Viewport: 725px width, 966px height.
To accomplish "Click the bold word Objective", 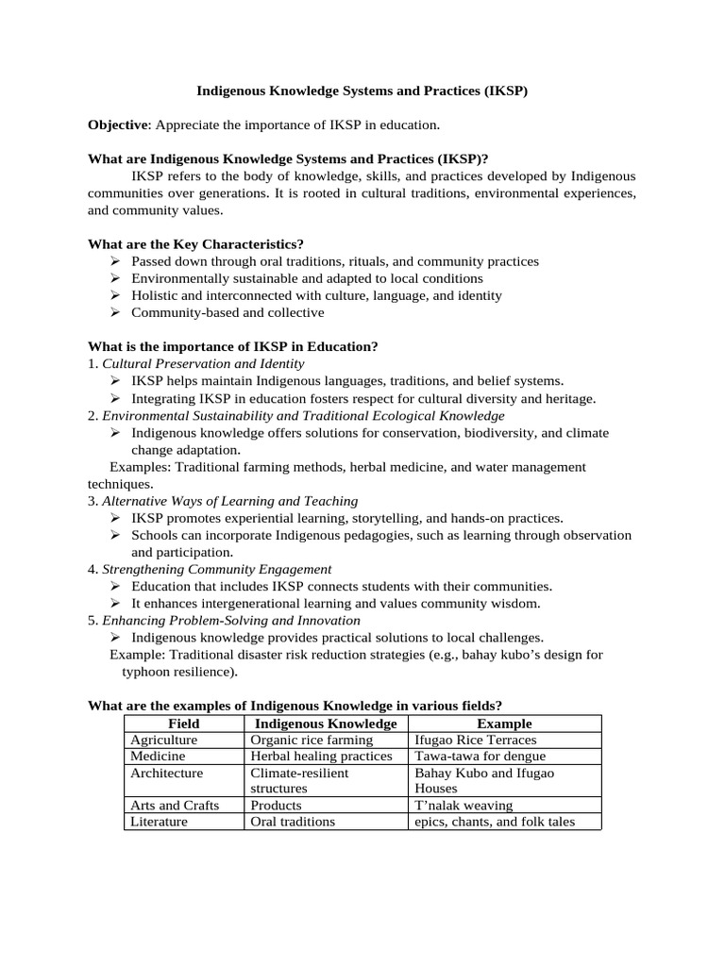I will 118,125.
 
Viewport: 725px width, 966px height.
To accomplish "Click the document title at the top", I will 362,92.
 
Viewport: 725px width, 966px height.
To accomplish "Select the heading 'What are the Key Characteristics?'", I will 195,244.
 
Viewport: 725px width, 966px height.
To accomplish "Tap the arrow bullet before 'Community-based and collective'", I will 114,312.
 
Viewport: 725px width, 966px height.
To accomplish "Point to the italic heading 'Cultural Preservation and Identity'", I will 203,363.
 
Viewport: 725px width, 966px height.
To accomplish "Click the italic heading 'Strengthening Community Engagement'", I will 216,569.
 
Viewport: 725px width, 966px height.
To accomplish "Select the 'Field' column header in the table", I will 183,724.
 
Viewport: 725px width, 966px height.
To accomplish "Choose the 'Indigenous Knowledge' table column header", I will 326,724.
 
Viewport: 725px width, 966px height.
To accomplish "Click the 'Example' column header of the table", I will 504,724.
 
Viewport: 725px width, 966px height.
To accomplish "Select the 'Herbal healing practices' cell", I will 321,756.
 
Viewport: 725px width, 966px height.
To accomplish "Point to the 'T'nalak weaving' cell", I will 464,805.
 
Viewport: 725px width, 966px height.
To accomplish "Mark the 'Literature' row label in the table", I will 160,821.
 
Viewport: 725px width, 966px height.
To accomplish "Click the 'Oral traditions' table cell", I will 293,821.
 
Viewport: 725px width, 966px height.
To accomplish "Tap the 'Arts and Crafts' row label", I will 175,805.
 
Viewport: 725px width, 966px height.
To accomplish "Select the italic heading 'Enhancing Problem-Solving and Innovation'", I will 230,620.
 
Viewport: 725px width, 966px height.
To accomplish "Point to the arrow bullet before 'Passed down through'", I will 114,261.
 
